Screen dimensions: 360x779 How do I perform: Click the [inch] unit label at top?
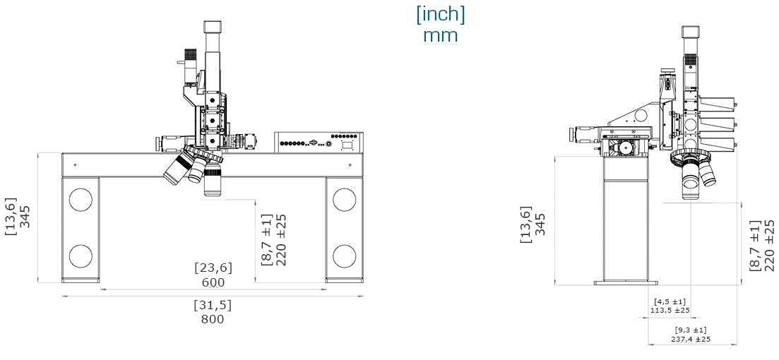pos(440,14)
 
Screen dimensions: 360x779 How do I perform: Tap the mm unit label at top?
pos(440,35)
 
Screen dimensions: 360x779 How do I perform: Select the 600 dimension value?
pos(213,282)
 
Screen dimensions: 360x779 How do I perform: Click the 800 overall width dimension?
pos(212,319)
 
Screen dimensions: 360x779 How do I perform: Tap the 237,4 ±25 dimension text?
pos(690,339)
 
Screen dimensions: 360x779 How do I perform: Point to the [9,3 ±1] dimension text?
pos(690,330)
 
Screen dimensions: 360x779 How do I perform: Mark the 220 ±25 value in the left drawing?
pos(280,240)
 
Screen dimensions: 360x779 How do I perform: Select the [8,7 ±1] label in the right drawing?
pos(754,245)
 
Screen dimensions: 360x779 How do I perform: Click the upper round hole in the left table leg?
pos(81,199)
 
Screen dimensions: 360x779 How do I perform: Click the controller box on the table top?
pos(319,143)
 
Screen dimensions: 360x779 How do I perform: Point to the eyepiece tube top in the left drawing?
pos(213,26)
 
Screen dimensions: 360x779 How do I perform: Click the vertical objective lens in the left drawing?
pos(213,182)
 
